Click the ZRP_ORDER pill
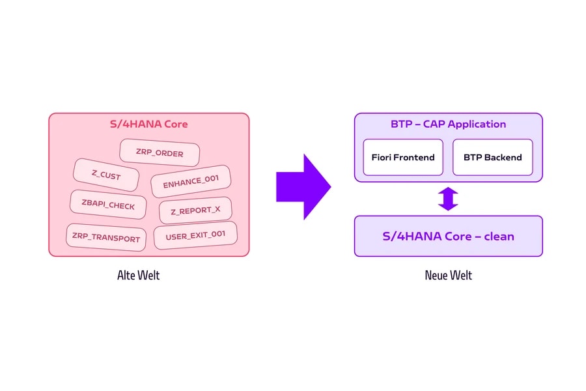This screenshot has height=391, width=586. (x=160, y=152)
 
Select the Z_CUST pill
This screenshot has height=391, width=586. (x=106, y=175)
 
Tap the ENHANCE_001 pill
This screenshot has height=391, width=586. (x=191, y=181)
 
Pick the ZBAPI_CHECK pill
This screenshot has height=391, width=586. (x=108, y=204)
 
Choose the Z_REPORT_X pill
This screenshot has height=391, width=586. (x=195, y=210)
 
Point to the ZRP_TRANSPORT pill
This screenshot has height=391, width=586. (x=106, y=237)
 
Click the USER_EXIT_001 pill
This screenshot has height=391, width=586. (x=195, y=235)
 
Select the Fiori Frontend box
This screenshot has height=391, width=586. (x=403, y=157)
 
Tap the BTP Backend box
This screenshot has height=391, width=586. (x=493, y=157)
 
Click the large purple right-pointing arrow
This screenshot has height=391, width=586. (x=303, y=187)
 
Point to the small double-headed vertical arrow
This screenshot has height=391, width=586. (x=448, y=199)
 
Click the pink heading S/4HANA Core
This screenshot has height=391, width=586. (x=148, y=124)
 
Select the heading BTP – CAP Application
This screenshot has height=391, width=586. (x=448, y=124)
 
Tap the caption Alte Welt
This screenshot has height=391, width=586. (x=138, y=276)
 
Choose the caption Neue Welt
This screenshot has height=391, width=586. (x=448, y=276)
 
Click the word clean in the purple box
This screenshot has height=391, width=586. (x=499, y=237)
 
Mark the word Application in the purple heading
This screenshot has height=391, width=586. (x=477, y=124)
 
